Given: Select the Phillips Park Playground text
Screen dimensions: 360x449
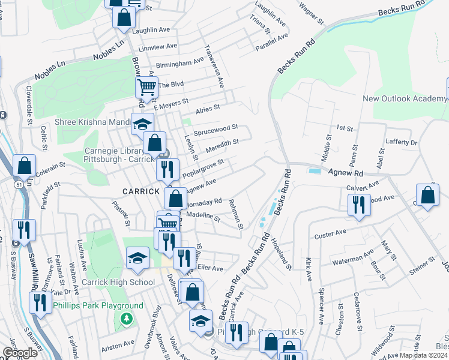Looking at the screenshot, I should click(x=98, y=305).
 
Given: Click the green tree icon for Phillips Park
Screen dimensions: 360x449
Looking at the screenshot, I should click(x=126, y=316).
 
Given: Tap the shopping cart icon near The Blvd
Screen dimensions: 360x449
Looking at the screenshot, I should click(x=146, y=88).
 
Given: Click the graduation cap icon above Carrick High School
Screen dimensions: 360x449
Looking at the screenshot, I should click(x=138, y=259).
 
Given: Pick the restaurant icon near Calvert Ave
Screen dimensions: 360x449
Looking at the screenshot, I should click(x=359, y=204).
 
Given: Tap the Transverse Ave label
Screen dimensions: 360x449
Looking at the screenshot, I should click(x=213, y=65).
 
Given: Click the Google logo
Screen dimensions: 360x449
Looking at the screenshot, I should click(x=20, y=353).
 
